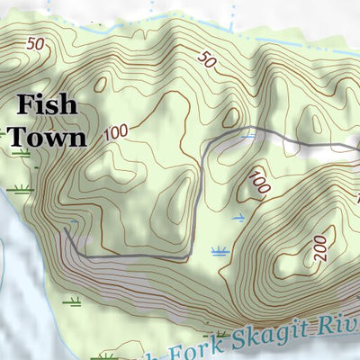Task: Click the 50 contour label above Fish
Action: [x=35, y=43]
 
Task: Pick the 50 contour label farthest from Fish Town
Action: [x=208, y=61]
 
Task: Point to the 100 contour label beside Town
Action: [x=116, y=132]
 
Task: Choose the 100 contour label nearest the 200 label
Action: [x=260, y=184]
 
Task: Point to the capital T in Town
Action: [x=16, y=137]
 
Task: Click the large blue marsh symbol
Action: [x=219, y=251]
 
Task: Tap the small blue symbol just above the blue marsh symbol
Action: [x=238, y=218]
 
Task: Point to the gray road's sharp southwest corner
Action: [x=80, y=257]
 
